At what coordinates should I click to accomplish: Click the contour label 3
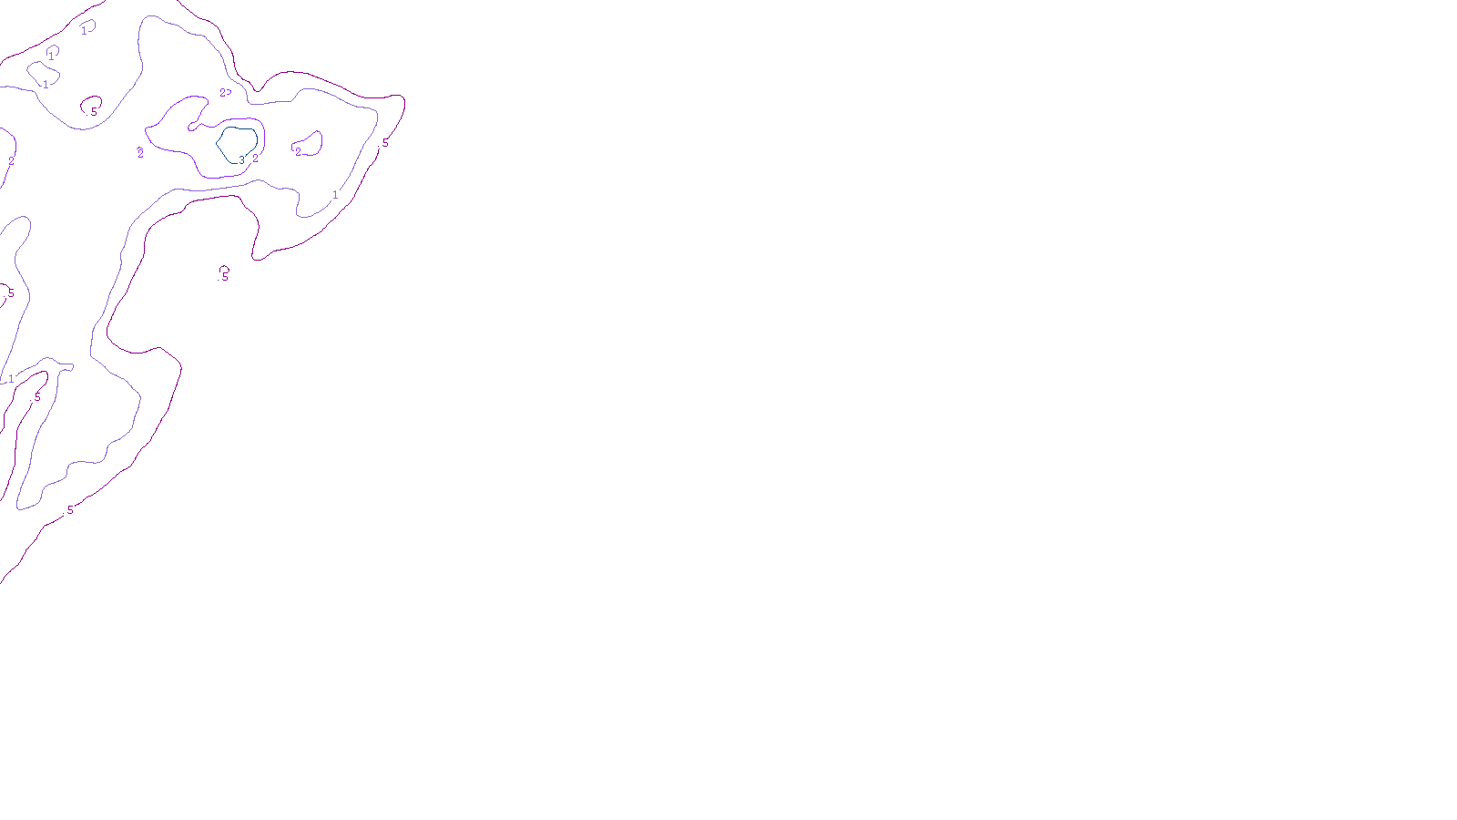coord(241,159)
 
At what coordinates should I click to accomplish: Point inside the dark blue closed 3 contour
coord(237,143)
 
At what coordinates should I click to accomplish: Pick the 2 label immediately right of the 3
coord(255,159)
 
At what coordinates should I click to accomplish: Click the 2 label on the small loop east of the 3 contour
coord(298,152)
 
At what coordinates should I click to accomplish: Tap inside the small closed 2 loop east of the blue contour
coord(310,143)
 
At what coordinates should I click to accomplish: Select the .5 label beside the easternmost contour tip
coord(384,143)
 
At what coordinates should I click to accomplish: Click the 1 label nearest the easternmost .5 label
coord(335,195)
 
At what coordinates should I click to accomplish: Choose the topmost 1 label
coord(84,31)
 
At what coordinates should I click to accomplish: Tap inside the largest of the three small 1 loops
coord(41,71)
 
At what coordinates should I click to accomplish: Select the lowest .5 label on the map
coord(69,510)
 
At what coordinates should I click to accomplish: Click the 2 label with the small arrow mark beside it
coord(222,93)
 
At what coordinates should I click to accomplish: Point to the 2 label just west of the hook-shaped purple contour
coord(140,153)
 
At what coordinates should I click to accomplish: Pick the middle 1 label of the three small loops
coord(51,56)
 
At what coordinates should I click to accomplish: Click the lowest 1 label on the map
coord(11,379)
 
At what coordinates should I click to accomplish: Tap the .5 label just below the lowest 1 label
coord(36,397)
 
